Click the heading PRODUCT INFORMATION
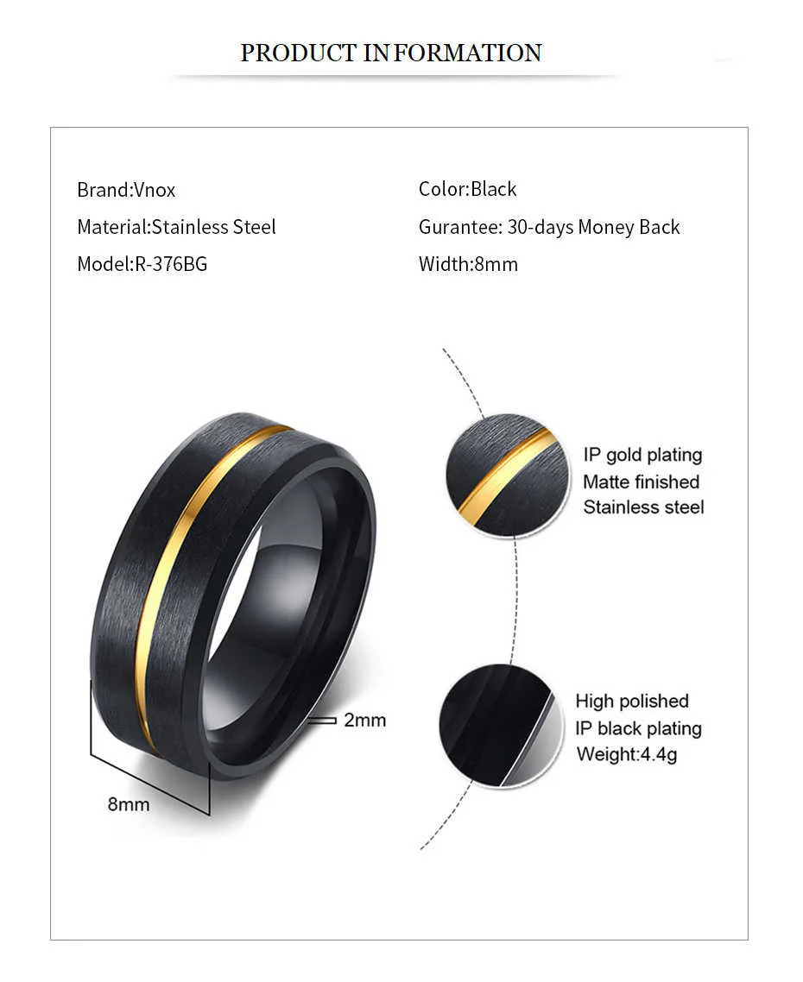coord(390,53)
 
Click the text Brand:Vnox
coord(126,190)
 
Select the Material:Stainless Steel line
coord(176,227)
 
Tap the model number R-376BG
coord(171,264)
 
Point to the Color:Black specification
coord(467,189)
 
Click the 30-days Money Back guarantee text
coord(593,227)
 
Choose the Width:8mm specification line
coord(468,264)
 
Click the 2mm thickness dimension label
coord(364,719)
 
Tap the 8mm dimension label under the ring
coord(129,804)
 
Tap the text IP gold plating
coord(642,455)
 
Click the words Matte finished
coord(641,482)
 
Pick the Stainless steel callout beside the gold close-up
coord(643,507)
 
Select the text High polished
coord(632,701)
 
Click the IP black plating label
coord(638,728)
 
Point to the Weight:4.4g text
coord(627,754)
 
